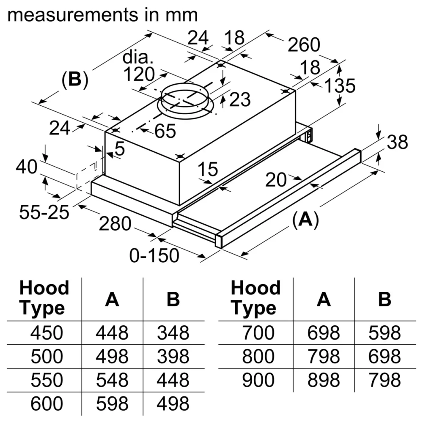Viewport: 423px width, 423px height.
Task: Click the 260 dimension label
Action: (x=304, y=44)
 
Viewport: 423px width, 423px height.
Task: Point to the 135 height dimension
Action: (x=340, y=86)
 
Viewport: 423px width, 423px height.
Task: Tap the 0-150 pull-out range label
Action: (x=154, y=255)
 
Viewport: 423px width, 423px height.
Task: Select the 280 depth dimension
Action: (x=115, y=224)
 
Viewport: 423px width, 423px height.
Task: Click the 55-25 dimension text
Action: (x=44, y=212)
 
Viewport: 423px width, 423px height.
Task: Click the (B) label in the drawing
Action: (x=75, y=80)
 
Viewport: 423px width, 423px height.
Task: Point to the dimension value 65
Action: (x=165, y=132)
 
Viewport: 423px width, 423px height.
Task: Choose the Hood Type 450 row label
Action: (x=47, y=333)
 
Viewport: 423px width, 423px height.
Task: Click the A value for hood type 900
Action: (x=323, y=381)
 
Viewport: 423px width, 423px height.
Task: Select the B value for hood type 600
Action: (x=173, y=404)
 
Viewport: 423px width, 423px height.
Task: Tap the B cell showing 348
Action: (x=173, y=333)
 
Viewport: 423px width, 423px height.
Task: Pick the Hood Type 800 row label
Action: (x=258, y=357)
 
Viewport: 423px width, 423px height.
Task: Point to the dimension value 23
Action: (x=239, y=100)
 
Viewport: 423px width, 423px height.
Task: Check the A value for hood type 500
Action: (x=112, y=357)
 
